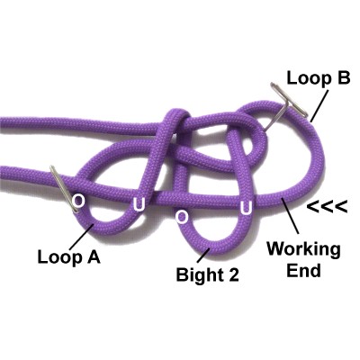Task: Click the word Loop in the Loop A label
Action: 58,257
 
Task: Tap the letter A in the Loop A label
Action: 92,256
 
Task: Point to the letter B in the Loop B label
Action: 341,77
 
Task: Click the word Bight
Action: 198,274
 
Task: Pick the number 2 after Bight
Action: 232,274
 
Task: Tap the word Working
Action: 303,249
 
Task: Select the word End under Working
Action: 303,270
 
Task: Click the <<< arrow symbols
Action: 328,207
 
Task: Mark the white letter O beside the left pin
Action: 79,201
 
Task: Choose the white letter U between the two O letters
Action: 139,205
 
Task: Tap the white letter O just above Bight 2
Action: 182,217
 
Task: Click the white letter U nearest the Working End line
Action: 246,208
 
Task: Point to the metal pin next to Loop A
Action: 64,189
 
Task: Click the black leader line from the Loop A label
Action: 82,237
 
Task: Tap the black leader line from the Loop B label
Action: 319,105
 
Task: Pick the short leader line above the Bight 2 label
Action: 203,255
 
